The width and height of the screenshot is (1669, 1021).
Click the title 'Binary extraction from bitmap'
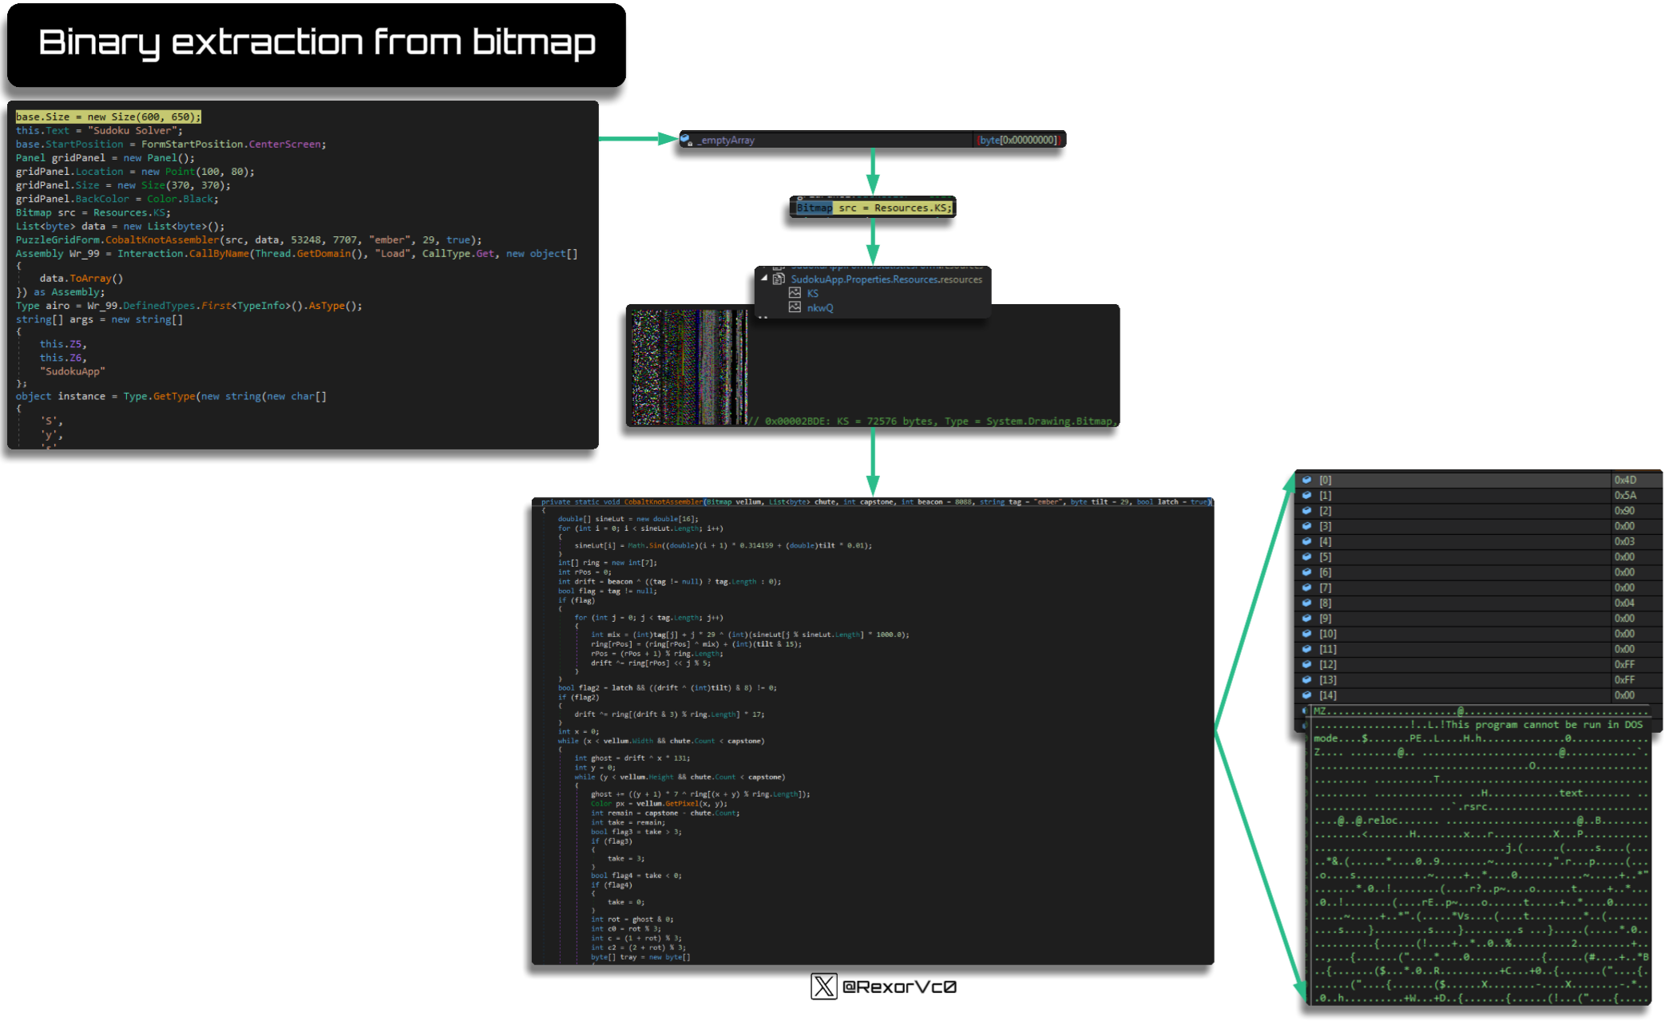pos(316,43)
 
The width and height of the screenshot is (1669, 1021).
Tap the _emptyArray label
pos(727,140)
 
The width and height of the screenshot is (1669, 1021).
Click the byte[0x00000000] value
pos(1019,140)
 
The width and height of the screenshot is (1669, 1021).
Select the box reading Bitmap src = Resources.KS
pos(873,208)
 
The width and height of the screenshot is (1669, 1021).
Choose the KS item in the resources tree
pos(812,294)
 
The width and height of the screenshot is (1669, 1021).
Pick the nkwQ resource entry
pos(819,308)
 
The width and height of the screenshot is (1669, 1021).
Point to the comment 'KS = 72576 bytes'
pos(846,421)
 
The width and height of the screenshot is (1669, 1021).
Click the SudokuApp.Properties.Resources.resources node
pos(886,279)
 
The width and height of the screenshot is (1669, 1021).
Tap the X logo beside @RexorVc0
pos(823,987)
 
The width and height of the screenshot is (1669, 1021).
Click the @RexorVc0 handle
pos(899,987)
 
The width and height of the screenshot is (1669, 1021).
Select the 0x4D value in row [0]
pos(1625,481)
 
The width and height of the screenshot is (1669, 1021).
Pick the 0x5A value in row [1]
pos(1625,496)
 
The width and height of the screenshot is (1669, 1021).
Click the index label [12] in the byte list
pos(1327,665)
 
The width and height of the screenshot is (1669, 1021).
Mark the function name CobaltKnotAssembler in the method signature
pos(663,502)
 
